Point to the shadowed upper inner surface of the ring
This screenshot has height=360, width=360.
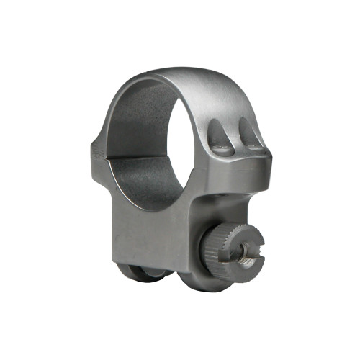point(144,97)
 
